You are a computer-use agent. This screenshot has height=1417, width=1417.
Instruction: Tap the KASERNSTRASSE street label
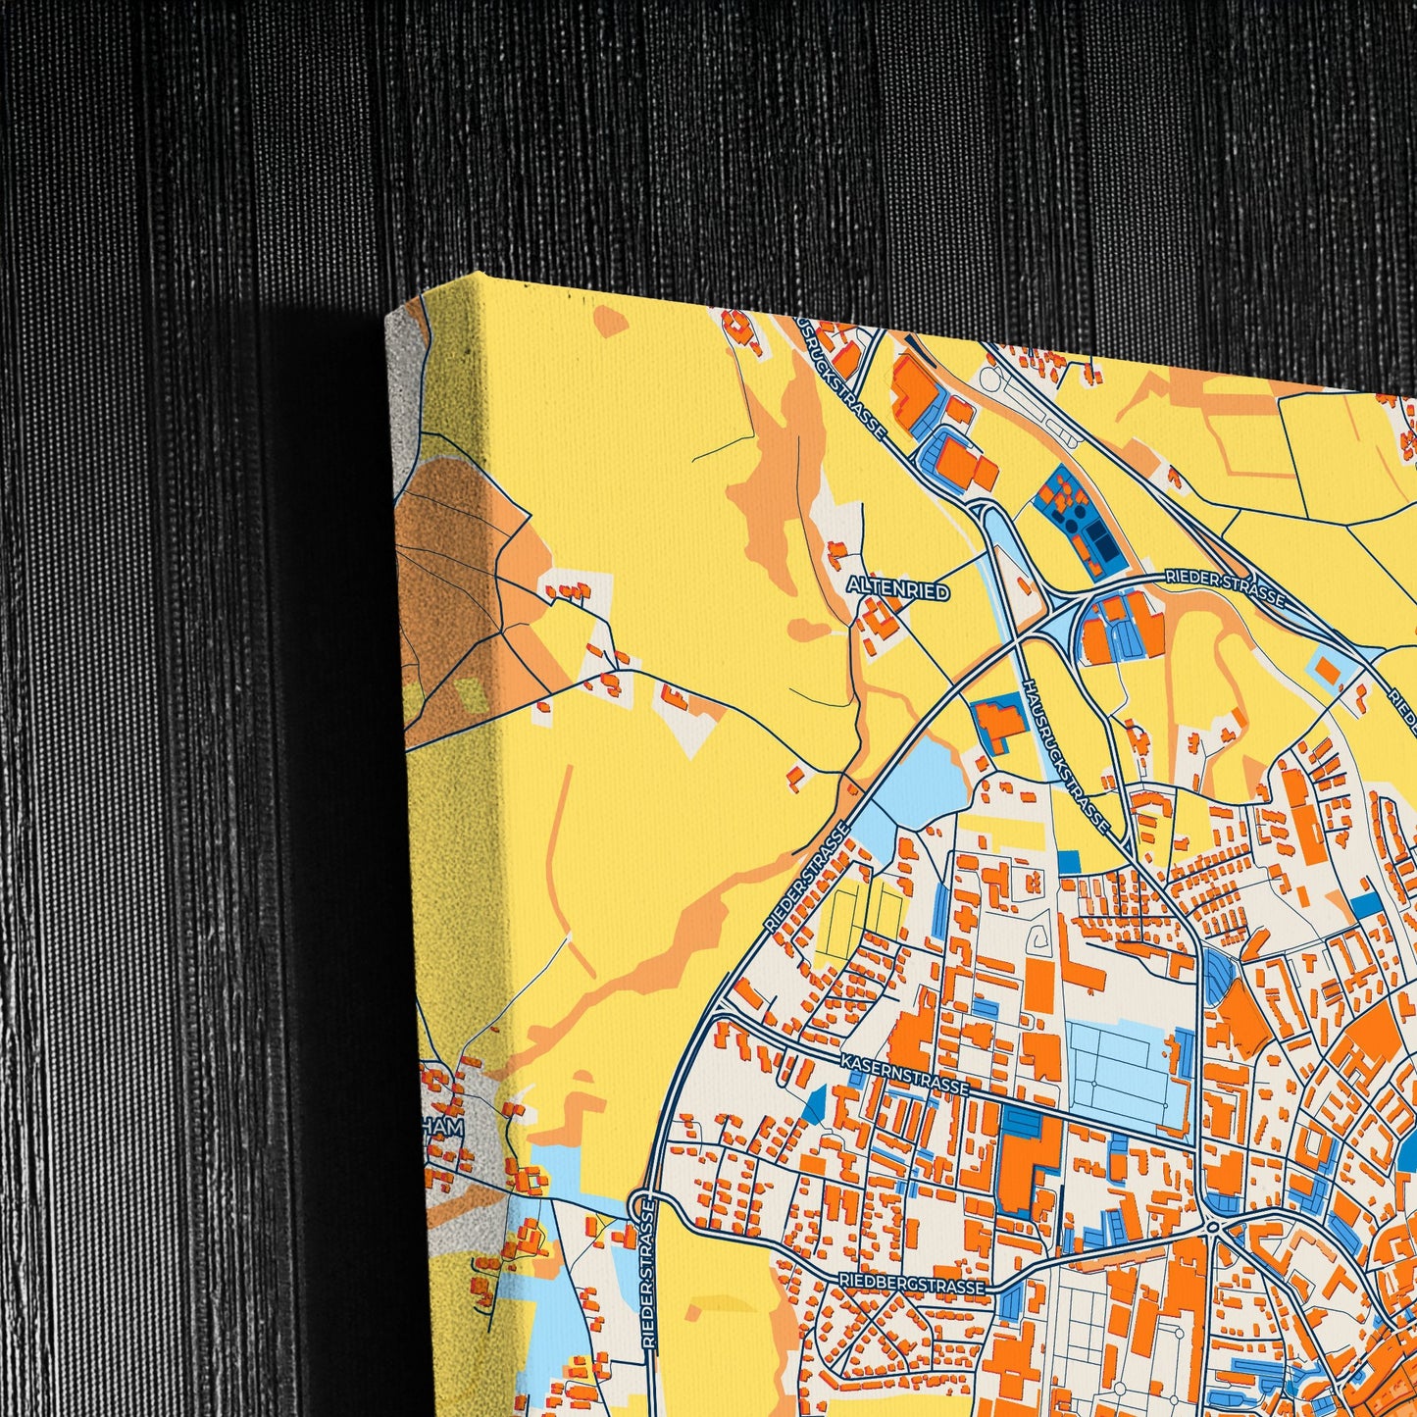[x=905, y=1074]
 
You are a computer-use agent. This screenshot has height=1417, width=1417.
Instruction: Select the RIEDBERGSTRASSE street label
[x=911, y=1284]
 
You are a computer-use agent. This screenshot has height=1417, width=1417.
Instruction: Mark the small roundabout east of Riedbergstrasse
[x=1214, y=1227]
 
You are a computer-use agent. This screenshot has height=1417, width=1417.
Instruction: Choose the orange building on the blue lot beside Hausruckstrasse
[x=997, y=722]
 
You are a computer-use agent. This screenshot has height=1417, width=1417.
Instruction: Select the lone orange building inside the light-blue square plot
[x=1329, y=671]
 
